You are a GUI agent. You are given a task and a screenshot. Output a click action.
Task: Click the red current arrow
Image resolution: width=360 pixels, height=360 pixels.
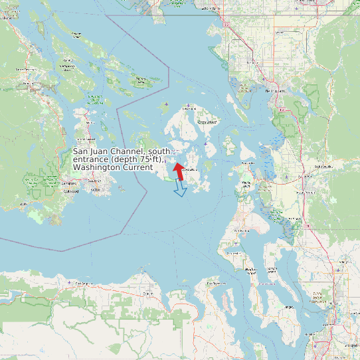[x=179, y=171]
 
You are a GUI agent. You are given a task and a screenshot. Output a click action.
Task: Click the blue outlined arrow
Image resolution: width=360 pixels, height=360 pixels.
[x=180, y=189]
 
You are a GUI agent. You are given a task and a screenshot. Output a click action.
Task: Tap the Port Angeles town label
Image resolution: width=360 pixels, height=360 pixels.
[x=84, y=284]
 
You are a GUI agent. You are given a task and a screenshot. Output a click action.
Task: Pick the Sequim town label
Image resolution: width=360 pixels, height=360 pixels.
[x=148, y=293]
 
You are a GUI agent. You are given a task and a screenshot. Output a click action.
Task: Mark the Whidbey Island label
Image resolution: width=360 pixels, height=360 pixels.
[x=251, y=270]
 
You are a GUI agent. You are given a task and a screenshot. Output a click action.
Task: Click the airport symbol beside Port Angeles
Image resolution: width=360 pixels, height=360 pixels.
[x=70, y=284]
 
